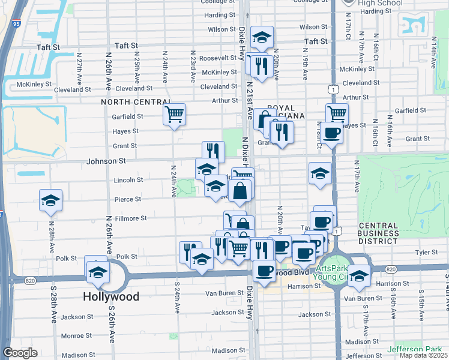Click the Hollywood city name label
click(x=111, y=296)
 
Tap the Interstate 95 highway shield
click(x=16, y=24)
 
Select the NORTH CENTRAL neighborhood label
click(x=131, y=102)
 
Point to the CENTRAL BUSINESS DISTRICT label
click(x=378, y=233)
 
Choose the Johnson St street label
click(x=106, y=161)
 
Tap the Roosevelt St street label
click(x=218, y=58)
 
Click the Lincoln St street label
click(x=129, y=179)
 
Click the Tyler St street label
click(x=426, y=253)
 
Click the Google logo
click(x=20, y=353)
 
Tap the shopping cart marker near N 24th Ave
click(x=174, y=114)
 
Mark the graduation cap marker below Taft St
click(x=262, y=38)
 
